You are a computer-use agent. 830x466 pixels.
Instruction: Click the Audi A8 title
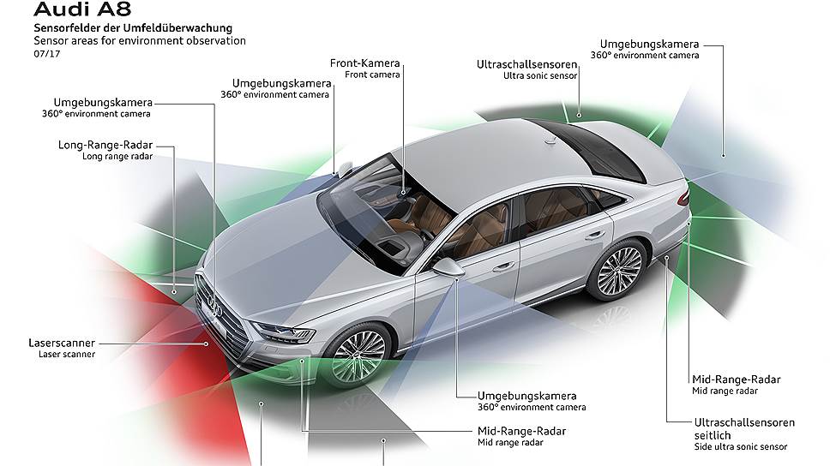pyautogui.click(x=82, y=9)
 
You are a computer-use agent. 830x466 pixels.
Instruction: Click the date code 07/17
pyautogui.click(x=47, y=54)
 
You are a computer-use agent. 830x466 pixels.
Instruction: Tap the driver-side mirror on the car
pyautogui.click(x=448, y=266)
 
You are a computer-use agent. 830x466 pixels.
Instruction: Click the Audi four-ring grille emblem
pyautogui.click(x=213, y=304)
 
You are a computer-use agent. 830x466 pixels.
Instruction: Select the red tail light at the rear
pyautogui.click(x=684, y=196)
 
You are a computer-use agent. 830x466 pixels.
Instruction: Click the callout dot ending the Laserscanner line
pyautogui.click(x=207, y=344)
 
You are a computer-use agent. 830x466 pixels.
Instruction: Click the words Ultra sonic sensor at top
pyautogui.click(x=540, y=75)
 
